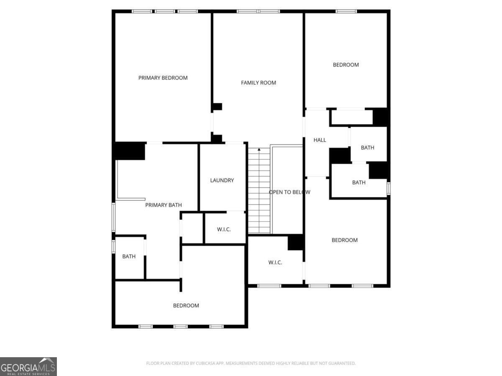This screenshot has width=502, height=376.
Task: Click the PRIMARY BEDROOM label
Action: coord(163,78)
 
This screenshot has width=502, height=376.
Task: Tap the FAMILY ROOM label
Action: coord(259,83)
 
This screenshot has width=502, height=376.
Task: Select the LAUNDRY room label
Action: coord(222,180)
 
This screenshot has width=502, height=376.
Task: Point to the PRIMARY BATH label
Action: coord(164,205)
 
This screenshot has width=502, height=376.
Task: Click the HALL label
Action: coord(320,140)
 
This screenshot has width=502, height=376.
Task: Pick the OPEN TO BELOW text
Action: coord(289,192)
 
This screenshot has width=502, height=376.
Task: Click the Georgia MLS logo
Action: coord(28,366)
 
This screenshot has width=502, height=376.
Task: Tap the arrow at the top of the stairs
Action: coord(259,149)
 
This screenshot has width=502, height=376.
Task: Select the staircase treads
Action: coord(259,192)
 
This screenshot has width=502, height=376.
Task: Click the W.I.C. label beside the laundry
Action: coord(224,229)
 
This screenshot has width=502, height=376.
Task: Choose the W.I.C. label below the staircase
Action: coord(275,262)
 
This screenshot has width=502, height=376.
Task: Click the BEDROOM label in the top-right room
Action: coord(346,65)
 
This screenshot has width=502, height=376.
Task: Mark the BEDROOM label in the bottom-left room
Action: coord(186,305)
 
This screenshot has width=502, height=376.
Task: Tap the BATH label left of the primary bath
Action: coord(129,257)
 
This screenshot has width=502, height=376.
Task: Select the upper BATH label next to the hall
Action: coord(368,147)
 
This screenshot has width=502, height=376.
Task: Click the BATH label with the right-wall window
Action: coord(359,183)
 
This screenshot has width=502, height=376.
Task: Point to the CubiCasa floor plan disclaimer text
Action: coord(251,363)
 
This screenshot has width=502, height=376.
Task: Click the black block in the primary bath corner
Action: coord(130,151)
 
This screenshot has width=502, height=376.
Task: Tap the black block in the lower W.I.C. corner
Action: coord(295,243)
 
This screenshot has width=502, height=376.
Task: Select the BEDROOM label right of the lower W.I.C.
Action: coord(345,240)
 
